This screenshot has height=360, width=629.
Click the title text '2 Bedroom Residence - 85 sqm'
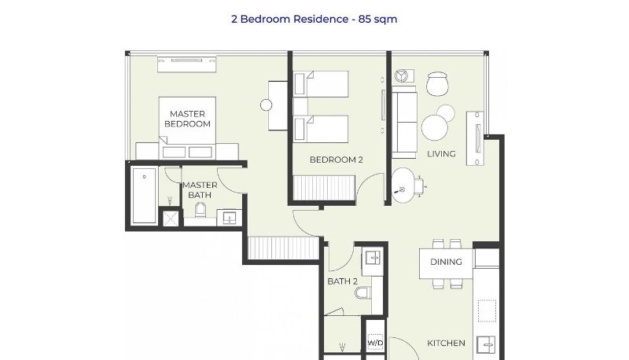point(314,19)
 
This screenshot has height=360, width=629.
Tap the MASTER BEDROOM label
point(187,119)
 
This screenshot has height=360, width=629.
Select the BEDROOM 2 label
point(337,160)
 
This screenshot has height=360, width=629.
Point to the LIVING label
point(441,153)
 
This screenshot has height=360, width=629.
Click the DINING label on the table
point(446,262)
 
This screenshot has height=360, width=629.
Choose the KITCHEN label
point(446,343)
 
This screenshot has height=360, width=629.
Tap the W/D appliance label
point(375,343)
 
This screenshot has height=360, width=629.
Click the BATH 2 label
point(342,281)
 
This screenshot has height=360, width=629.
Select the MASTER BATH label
point(200,190)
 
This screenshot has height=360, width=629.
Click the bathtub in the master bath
point(144,195)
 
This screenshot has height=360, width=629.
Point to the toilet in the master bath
point(200,210)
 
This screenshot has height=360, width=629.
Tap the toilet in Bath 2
point(363,292)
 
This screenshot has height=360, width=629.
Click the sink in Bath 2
point(373,258)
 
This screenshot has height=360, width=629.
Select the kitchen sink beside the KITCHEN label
point(486,345)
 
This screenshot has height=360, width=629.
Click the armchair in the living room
point(437,84)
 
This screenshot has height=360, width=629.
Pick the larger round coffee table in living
point(435,128)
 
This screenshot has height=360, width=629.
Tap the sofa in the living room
point(404,123)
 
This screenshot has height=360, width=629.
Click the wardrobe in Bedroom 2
point(324,188)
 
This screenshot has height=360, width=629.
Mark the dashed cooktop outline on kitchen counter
point(487,310)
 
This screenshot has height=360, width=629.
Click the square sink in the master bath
point(229,218)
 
